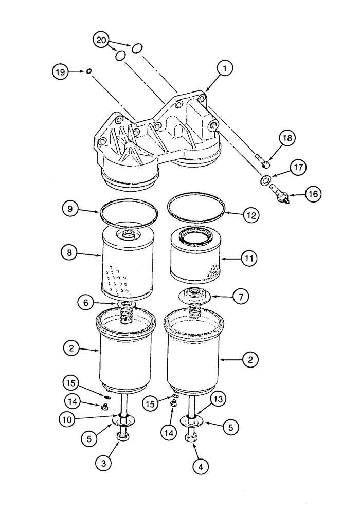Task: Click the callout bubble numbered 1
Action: click(225, 67)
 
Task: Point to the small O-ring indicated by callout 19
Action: click(89, 71)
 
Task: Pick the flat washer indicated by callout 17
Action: click(265, 180)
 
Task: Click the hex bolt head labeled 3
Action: click(123, 437)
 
